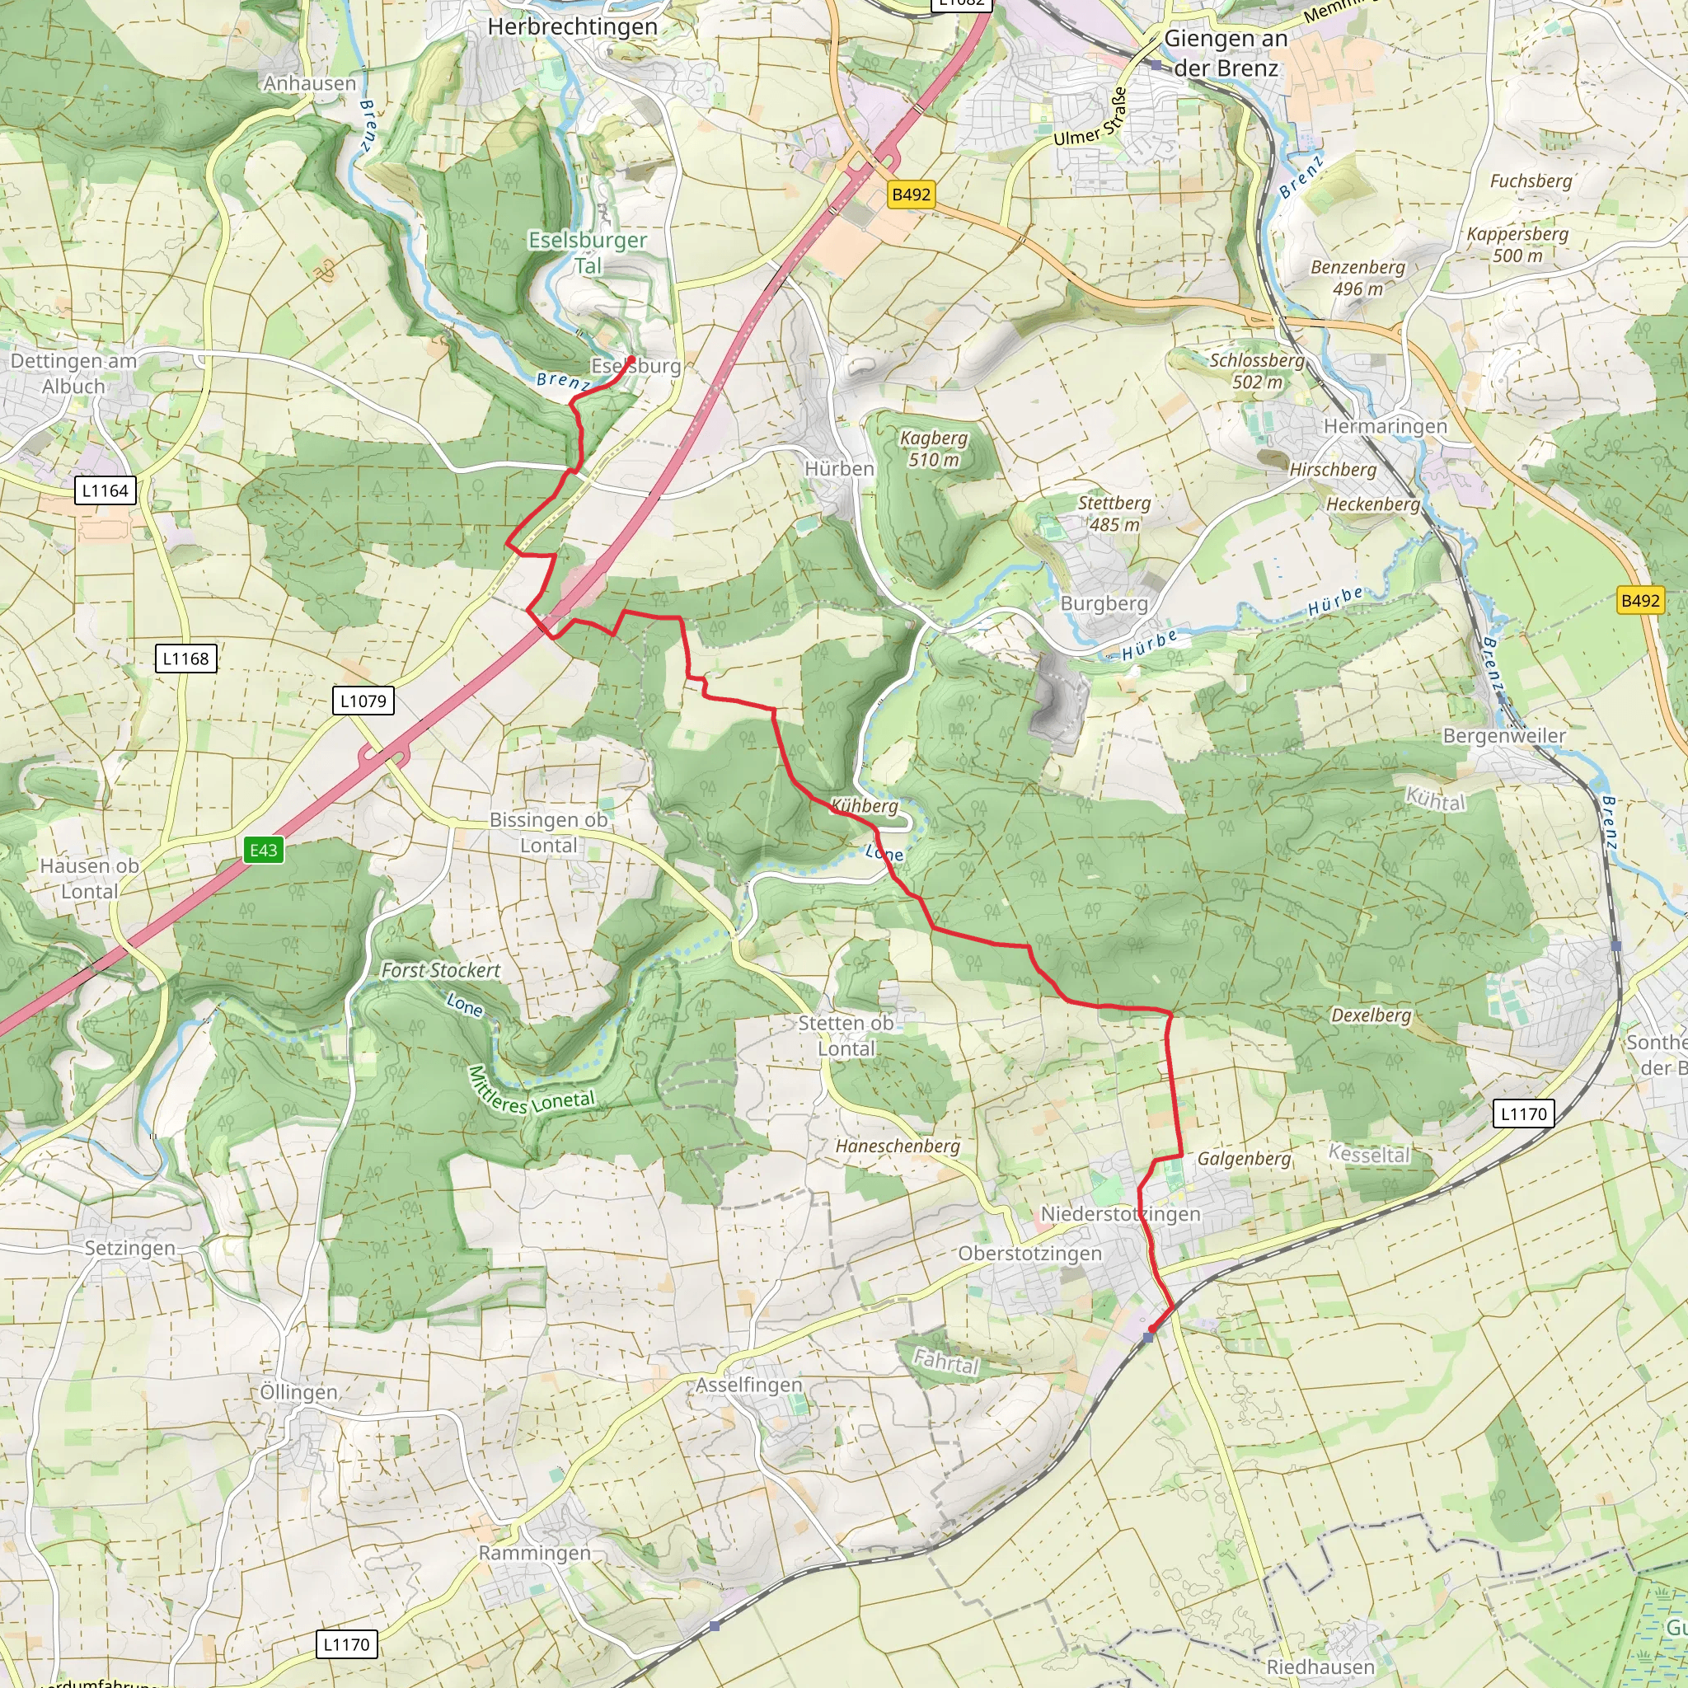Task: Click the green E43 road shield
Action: coord(263,850)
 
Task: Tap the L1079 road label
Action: coord(363,700)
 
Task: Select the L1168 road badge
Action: coord(186,658)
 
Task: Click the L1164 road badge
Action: coord(105,490)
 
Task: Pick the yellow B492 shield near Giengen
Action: coord(911,194)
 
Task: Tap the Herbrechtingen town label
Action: coord(572,27)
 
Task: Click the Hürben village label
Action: coord(839,469)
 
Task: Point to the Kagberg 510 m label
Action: coord(933,448)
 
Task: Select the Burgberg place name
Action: coord(1104,603)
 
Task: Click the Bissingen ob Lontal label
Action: coord(548,832)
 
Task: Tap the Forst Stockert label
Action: coord(440,970)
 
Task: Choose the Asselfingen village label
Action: coord(748,1385)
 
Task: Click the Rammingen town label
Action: coord(534,1553)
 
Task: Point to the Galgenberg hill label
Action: coord(1243,1159)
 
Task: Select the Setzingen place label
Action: coord(129,1248)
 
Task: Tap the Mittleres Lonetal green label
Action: coord(532,1092)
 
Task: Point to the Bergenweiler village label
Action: coord(1503,736)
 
